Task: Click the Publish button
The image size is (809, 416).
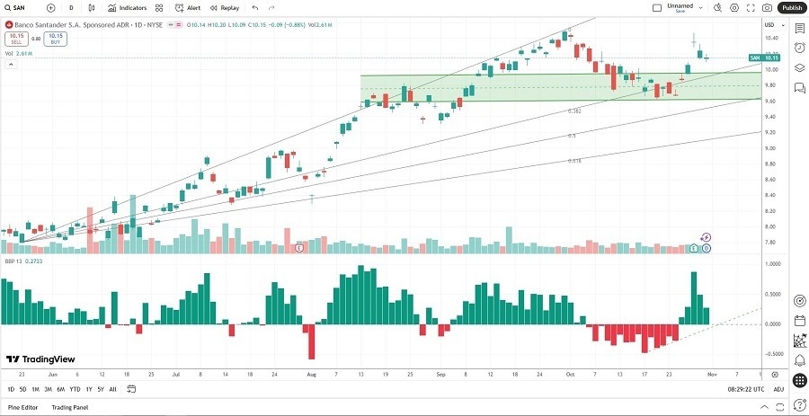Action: tap(791, 7)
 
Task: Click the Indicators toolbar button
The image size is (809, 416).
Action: tap(128, 7)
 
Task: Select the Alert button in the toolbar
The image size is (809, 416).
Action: tap(188, 7)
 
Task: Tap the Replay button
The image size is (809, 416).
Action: tap(225, 7)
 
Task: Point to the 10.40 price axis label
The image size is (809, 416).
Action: tap(771, 38)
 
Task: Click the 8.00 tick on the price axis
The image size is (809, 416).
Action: tap(771, 211)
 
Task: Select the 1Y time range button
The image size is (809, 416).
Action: tap(89, 389)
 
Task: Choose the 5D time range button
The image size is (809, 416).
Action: tap(22, 389)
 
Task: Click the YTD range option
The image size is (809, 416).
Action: tap(75, 389)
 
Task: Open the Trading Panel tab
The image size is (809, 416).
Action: tap(69, 407)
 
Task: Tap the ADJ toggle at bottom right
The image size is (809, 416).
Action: tap(778, 389)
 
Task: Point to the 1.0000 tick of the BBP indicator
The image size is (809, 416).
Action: tap(771, 263)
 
